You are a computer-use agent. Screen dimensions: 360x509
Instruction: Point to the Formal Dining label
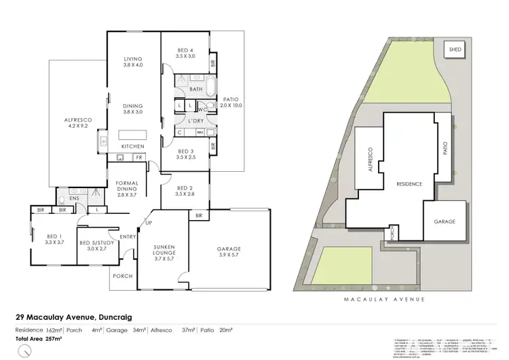pos(128,189)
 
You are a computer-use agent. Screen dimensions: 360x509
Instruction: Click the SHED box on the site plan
pos(453,50)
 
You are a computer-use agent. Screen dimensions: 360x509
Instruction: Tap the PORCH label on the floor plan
pos(123,276)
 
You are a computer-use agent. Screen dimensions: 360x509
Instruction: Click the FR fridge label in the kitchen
pos(138,158)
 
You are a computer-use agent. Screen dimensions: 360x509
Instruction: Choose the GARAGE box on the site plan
pos(445,222)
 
